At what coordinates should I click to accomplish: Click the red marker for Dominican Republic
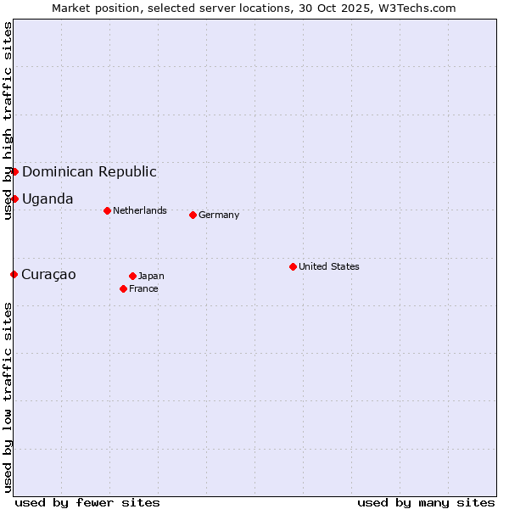[14, 171]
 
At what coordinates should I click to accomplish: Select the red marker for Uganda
[14, 199]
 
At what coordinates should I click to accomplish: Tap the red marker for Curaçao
[14, 274]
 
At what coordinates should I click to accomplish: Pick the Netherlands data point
[107, 210]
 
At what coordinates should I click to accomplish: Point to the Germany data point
[193, 215]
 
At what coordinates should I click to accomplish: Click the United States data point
[293, 266]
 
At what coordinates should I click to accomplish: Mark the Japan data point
[132, 276]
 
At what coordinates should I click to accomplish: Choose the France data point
[123, 288]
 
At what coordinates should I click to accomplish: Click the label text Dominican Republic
[89, 171]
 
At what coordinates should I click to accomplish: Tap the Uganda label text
[48, 199]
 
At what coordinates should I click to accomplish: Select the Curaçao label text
[48, 274]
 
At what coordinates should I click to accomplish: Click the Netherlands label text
[139, 210]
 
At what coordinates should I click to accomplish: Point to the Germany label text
[219, 215]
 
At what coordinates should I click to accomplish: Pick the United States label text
[328, 266]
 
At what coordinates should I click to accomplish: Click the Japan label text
[151, 276]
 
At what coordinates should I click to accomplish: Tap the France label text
[143, 288]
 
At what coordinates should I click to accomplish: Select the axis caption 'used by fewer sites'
[87, 502]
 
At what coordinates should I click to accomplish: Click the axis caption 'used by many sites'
[426, 502]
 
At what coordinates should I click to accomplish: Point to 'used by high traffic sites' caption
[8, 121]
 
